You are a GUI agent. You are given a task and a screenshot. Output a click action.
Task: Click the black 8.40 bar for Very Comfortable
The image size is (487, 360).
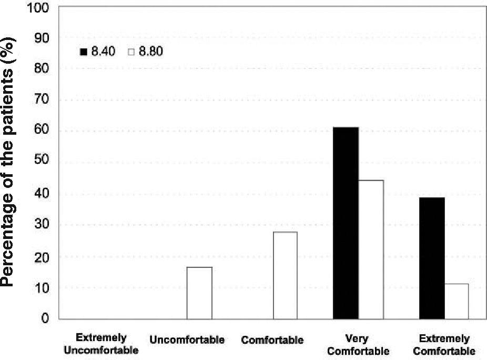346,223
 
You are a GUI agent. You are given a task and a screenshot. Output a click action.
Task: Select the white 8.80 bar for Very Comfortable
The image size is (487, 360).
371,249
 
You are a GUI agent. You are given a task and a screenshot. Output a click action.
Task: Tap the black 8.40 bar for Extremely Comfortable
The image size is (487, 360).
432,258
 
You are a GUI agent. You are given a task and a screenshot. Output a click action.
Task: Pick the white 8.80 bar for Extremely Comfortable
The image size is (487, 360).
456,301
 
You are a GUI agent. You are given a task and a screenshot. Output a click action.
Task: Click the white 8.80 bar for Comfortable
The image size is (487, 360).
285,275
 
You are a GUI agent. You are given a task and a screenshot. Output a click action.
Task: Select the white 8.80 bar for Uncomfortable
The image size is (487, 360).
199,293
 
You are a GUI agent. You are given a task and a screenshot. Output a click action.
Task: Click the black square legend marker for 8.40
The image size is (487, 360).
83,52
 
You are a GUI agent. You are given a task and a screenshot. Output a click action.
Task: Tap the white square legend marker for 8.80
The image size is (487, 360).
132,52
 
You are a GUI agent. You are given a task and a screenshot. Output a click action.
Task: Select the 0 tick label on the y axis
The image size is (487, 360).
46,318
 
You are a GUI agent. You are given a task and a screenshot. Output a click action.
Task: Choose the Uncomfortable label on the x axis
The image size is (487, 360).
187,340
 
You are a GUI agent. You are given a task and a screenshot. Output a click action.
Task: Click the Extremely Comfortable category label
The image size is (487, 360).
444,344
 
